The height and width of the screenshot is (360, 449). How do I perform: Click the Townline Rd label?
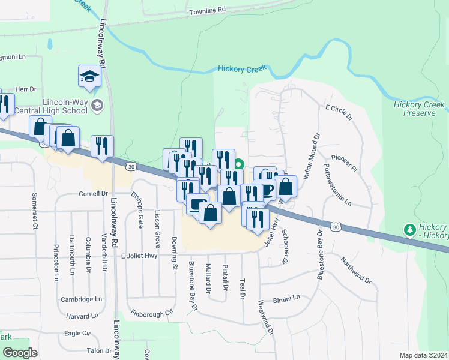coord(206,10)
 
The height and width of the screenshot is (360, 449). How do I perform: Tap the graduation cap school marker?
coord(88,77)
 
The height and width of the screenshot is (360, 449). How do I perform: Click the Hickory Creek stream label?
coord(243,69)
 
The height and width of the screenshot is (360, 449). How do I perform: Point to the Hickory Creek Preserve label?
coord(419,109)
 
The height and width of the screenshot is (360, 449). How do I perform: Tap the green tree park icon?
coord(410,230)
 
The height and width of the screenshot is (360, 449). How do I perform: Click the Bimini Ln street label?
coord(286,299)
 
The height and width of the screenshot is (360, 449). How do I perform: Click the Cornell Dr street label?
coord(93,194)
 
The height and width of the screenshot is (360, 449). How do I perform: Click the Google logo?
coord(20,353)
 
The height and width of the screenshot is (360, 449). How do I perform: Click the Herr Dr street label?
coord(26,89)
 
